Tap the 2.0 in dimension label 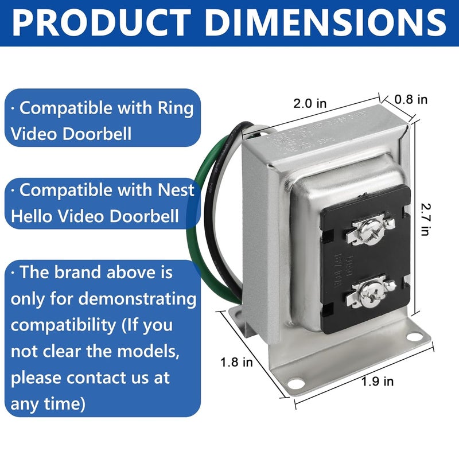click(310, 104)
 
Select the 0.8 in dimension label click(411, 99)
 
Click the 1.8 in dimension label click(236, 362)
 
